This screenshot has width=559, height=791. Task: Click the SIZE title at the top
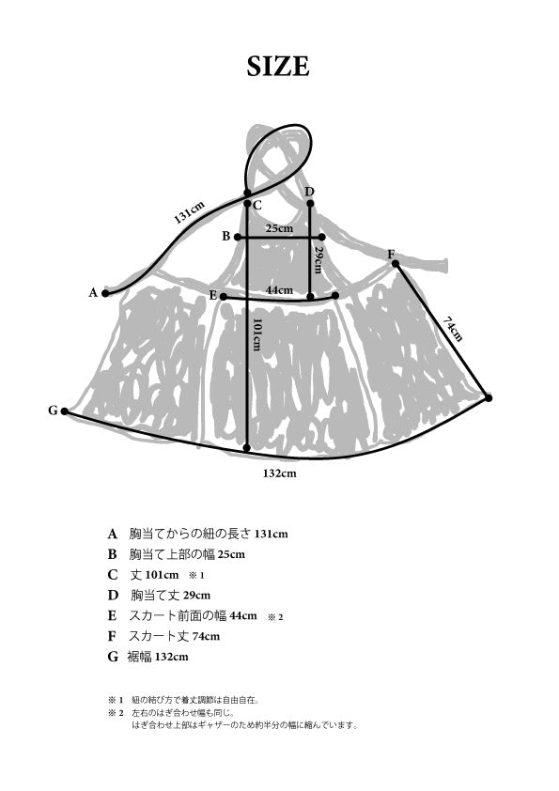tap(278, 67)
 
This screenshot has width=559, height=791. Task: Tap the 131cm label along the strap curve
tap(190, 212)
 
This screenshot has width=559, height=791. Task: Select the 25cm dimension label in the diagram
tap(280, 228)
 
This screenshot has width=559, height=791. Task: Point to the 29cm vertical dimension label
tap(318, 259)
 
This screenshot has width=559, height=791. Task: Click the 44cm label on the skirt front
tap(280, 290)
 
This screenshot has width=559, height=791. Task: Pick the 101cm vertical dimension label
tap(256, 334)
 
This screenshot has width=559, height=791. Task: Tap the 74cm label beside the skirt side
tap(453, 329)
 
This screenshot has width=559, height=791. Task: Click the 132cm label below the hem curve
tap(280, 473)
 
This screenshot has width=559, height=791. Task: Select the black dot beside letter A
tap(105, 293)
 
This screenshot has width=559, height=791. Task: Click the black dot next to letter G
tap(65, 411)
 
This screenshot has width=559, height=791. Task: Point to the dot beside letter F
tap(396, 263)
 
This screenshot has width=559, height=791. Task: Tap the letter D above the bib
tap(310, 192)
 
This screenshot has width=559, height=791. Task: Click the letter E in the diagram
tap(213, 296)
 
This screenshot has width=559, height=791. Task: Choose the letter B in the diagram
tap(226, 236)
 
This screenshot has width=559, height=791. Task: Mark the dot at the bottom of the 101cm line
tap(247, 448)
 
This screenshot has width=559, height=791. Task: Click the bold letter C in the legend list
tap(113, 575)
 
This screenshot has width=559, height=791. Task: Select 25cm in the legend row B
tap(231, 554)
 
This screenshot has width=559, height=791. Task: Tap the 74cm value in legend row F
tap(206, 636)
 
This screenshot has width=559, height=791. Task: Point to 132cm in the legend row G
tap(172, 657)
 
